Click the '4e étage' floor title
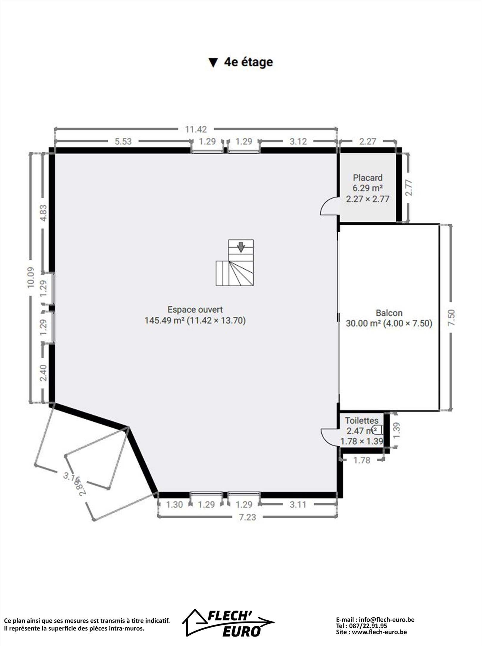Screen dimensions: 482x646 [x=240, y=62]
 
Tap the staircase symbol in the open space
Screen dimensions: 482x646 [x=235, y=262]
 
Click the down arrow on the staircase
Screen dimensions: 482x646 [x=241, y=247]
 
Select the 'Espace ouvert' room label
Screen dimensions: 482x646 [x=195, y=309]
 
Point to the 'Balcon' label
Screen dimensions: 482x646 [x=389, y=313]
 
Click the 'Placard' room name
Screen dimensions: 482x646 [x=368, y=178]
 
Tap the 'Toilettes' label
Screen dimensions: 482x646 [x=362, y=421]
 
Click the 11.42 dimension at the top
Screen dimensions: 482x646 [x=196, y=129]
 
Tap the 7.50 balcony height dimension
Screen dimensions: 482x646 [x=451, y=317]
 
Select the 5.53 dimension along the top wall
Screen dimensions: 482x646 [x=123, y=141]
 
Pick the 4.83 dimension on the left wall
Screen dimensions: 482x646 [x=43, y=213]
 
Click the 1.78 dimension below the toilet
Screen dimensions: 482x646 [x=362, y=460]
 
